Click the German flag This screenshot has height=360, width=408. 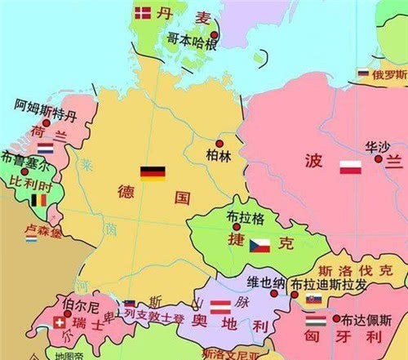[x=153, y=172]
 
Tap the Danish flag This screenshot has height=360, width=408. [x=143, y=12]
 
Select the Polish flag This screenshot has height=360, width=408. [x=351, y=169]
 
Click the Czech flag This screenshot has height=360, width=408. [x=259, y=243]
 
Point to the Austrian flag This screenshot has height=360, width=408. [x=221, y=307]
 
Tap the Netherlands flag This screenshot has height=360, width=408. [x=45, y=149]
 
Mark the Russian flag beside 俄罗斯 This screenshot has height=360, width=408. [x=363, y=73]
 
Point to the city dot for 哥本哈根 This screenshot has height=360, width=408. [x=214, y=35]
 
